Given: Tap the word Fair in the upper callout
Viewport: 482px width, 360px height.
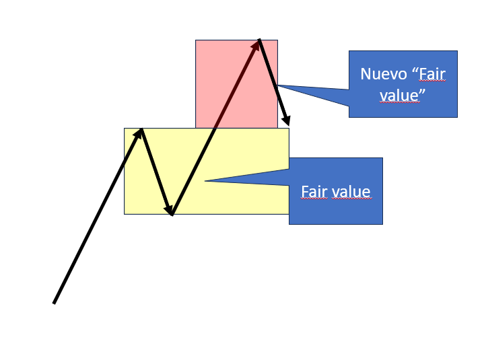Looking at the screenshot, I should click(432, 74).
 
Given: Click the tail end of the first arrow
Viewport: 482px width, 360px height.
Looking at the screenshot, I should click(54, 303).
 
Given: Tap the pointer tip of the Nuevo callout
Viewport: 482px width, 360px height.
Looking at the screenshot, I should click(277, 85).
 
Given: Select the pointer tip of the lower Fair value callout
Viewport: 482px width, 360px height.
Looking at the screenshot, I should click(205, 180).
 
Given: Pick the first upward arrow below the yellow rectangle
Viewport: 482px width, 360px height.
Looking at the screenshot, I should click(94, 222).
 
